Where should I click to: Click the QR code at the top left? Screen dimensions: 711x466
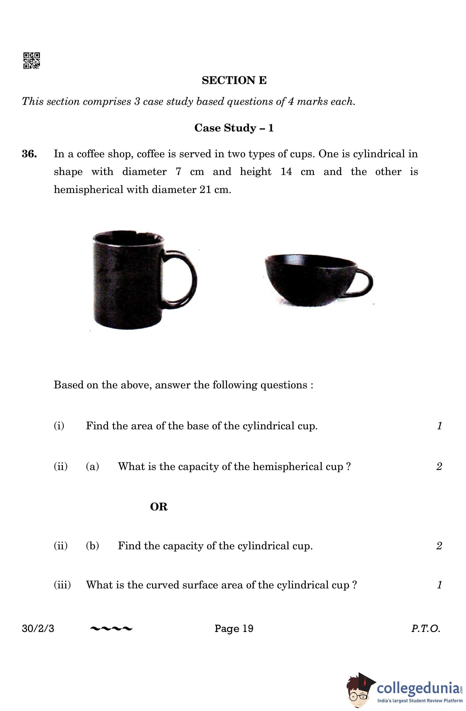31,61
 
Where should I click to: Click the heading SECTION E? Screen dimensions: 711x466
234,80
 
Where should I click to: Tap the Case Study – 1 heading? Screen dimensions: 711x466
234,128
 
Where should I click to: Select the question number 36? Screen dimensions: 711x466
29,154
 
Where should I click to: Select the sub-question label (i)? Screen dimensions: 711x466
59,426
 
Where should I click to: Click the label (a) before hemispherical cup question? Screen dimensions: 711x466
92,466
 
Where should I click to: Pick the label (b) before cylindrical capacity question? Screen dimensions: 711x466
92,546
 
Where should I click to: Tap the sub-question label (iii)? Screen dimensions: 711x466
62,585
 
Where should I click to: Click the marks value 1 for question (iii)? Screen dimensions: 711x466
439,585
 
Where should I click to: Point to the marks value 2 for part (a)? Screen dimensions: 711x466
439,466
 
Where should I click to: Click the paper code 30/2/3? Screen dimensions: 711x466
38,629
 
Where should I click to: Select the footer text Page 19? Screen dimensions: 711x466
234,629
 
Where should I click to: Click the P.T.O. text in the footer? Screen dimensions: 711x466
426,629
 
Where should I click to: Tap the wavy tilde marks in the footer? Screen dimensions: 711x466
111,629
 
